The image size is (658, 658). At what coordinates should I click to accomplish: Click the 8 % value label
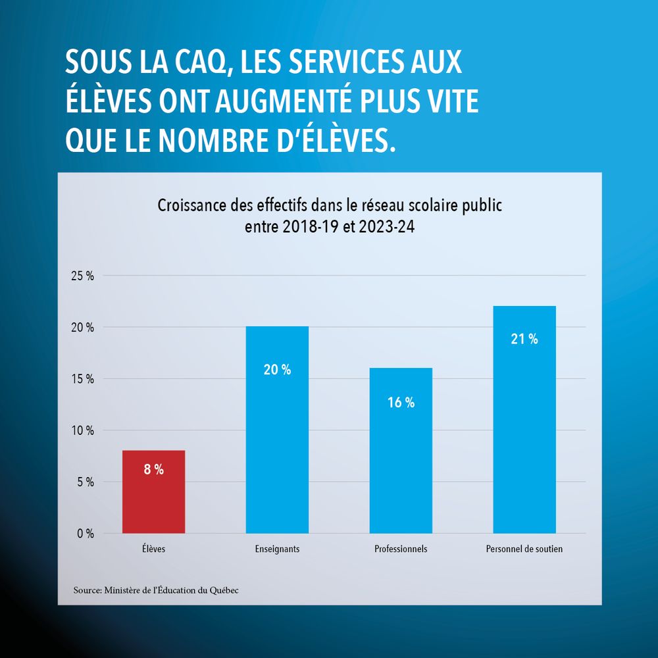tap(153, 470)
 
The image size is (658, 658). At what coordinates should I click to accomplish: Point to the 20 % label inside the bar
tap(277, 370)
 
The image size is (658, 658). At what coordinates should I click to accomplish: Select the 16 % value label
tap(401, 403)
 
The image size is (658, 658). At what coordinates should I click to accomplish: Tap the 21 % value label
tap(524, 340)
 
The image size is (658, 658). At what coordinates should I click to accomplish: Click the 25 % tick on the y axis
tap(82, 276)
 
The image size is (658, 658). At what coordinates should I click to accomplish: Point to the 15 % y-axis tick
tap(82, 379)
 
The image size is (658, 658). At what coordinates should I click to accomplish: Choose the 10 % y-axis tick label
tap(82, 430)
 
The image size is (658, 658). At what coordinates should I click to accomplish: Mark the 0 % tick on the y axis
tap(85, 534)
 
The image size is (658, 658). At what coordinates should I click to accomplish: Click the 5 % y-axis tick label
tap(85, 482)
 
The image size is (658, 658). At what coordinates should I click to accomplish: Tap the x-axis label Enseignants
tap(277, 549)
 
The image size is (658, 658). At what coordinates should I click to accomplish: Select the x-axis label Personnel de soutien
tap(524, 549)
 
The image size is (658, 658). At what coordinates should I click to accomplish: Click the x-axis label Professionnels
tap(401, 549)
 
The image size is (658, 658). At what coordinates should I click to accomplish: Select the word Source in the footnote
tap(87, 590)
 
